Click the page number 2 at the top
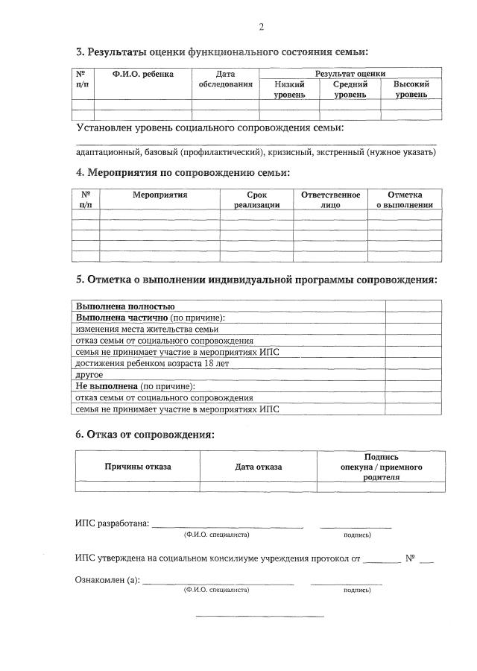pos(261,28)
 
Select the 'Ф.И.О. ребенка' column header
pos(143,74)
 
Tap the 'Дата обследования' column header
pos(225,79)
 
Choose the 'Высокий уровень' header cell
pos(411,89)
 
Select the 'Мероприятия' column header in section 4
pos(159,195)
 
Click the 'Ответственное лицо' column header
pos(330,199)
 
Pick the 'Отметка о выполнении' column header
pos(405,199)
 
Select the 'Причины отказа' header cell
pos(137,467)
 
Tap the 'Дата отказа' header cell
pos(259,467)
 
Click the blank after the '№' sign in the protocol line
pos(426,559)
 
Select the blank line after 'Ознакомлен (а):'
pos(218,582)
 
